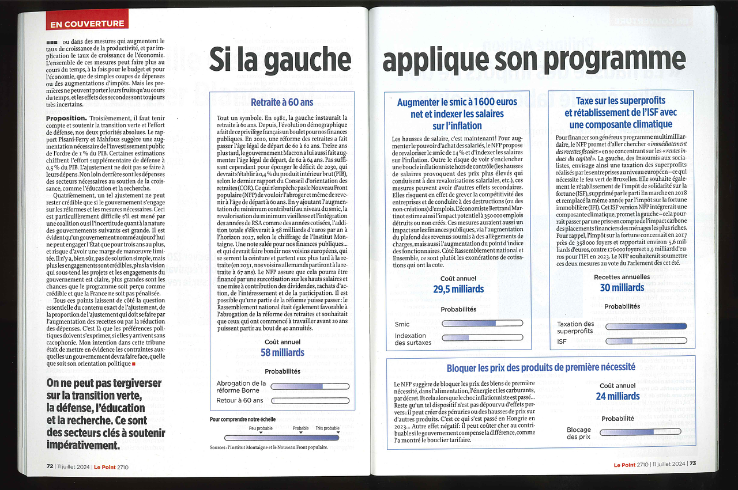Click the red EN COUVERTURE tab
tap(87, 24)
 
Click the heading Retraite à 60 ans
tap(282, 102)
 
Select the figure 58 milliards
tap(282, 352)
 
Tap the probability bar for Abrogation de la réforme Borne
tap(310, 386)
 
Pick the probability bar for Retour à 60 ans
tap(310, 400)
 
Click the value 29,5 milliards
tap(458, 289)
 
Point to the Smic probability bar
tap(482, 324)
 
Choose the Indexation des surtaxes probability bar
tap(482, 337)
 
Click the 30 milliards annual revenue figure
tap(622, 287)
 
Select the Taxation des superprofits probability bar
tap(646, 326)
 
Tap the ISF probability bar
tap(646, 341)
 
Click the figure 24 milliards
tap(617, 396)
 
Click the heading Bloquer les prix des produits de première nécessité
tap(541, 367)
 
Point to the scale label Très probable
tap(327, 428)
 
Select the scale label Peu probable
tap(261, 428)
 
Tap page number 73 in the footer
tap(692, 464)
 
